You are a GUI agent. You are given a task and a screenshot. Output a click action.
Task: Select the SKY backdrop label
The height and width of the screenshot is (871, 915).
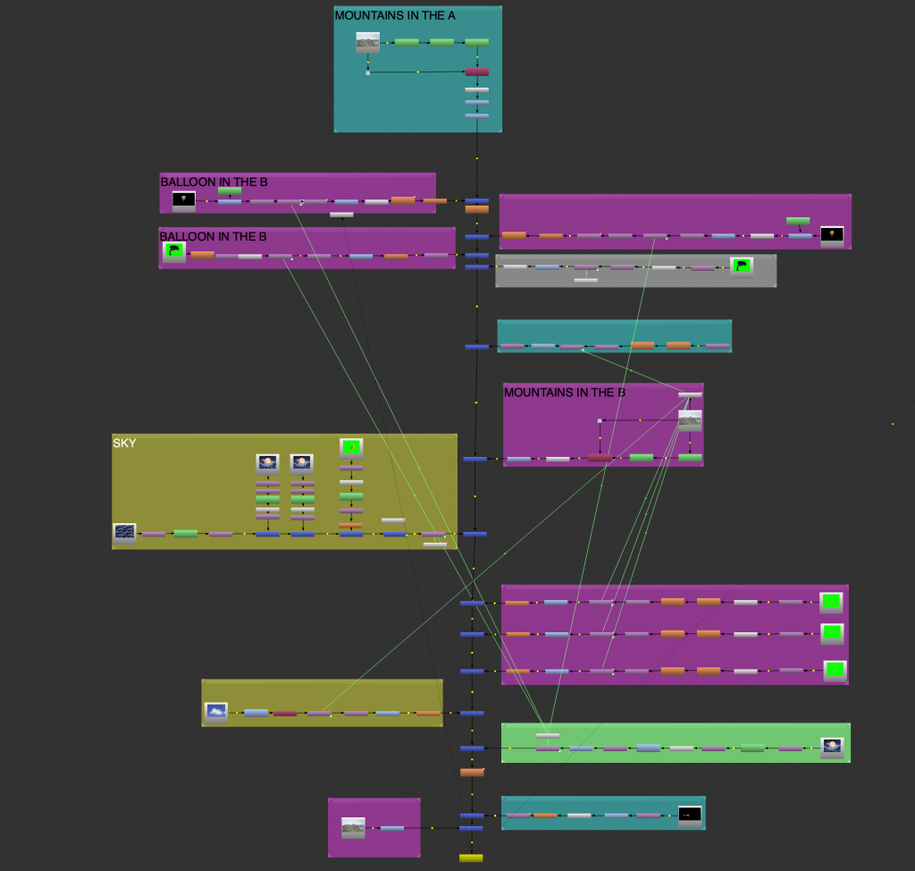pyautogui.click(x=125, y=443)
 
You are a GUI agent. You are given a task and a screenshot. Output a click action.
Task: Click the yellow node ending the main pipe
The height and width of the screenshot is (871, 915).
pyautogui.click(x=471, y=858)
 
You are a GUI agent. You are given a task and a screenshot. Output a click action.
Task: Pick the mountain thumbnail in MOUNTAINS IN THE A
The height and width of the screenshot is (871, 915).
pyautogui.click(x=367, y=42)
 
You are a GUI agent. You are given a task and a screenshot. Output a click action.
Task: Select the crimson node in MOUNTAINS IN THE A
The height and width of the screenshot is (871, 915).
pyautogui.click(x=477, y=72)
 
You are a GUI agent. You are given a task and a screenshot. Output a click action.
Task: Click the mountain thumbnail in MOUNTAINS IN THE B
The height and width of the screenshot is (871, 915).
pyautogui.click(x=690, y=420)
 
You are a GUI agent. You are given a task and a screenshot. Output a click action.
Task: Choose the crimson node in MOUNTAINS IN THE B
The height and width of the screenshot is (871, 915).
pyautogui.click(x=600, y=458)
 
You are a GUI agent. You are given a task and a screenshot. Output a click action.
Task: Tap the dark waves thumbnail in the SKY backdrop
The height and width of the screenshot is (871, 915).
pyautogui.click(x=124, y=533)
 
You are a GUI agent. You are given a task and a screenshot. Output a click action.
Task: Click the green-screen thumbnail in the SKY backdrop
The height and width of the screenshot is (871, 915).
pyautogui.click(x=351, y=446)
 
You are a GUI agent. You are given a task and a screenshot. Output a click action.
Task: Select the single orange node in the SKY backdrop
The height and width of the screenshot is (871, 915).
pyautogui.click(x=351, y=525)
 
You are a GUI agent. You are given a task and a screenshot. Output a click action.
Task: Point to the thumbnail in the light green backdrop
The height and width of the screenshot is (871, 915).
pyautogui.click(x=832, y=748)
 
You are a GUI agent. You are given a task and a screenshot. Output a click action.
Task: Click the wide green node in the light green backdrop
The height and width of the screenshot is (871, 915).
pyautogui.click(x=752, y=748)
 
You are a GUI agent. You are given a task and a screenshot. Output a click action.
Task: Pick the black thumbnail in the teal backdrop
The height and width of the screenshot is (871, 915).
pyautogui.click(x=689, y=815)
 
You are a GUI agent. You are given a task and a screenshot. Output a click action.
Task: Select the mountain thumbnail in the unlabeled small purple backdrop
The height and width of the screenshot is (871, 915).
pyautogui.click(x=353, y=827)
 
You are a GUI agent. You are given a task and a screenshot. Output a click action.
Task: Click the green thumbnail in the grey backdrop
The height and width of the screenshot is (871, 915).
pyautogui.click(x=741, y=266)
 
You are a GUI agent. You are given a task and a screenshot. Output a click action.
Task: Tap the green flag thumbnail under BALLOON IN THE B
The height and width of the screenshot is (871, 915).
pyautogui.click(x=173, y=252)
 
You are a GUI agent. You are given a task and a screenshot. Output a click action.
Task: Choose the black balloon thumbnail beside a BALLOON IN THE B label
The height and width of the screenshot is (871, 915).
pyautogui.click(x=183, y=200)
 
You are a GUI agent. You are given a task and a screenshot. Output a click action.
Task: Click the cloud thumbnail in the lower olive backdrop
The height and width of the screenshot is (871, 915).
pyautogui.click(x=215, y=712)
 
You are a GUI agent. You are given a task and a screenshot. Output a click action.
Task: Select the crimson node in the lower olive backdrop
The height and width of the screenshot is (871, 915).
pyautogui.click(x=285, y=714)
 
